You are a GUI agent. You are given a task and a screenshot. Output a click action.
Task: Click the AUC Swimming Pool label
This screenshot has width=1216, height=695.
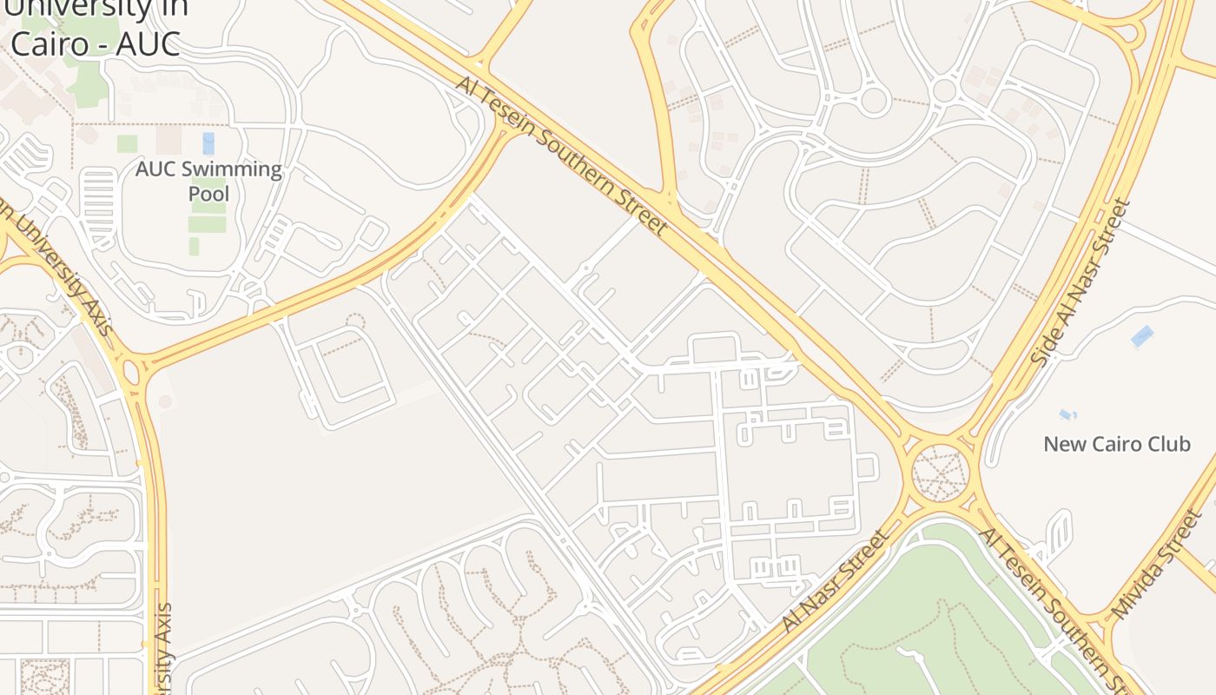[x=208, y=181]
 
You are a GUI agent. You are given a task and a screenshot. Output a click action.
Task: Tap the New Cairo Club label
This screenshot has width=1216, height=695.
[x=1116, y=444]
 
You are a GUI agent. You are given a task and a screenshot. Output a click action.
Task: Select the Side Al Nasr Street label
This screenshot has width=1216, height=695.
[x=1081, y=281]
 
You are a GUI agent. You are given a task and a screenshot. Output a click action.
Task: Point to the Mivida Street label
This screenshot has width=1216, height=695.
[x=1155, y=566]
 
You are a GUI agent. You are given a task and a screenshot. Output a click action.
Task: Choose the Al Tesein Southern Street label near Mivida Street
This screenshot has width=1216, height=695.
[x=1052, y=599]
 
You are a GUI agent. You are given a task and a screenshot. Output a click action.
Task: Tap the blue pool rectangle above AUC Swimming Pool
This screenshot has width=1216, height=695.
[x=208, y=143]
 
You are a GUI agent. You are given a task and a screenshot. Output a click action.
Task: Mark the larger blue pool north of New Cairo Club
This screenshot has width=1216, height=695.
[x=1142, y=336]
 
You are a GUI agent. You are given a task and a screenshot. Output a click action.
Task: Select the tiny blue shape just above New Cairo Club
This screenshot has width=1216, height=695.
[x=1067, y=414]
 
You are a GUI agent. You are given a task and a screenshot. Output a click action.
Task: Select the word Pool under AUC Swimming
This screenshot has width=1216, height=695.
[x=208, y=193]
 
